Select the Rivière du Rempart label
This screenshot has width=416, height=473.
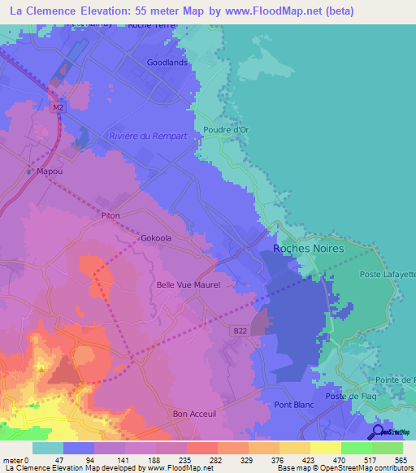[x=154, y=136]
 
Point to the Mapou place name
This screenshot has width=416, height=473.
[x=50, y=171]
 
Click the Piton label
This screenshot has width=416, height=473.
[x=110, y=215]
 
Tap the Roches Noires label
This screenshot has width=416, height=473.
[x=308, y=249]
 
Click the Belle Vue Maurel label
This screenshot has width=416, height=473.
[x=188, y=285]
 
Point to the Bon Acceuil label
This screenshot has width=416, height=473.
[x=192, y=414]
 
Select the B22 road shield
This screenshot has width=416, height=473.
[x=237, y=330]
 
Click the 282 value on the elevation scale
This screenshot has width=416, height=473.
[x=216, y=460]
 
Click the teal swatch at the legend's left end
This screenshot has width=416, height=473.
[x=47, y=448]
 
